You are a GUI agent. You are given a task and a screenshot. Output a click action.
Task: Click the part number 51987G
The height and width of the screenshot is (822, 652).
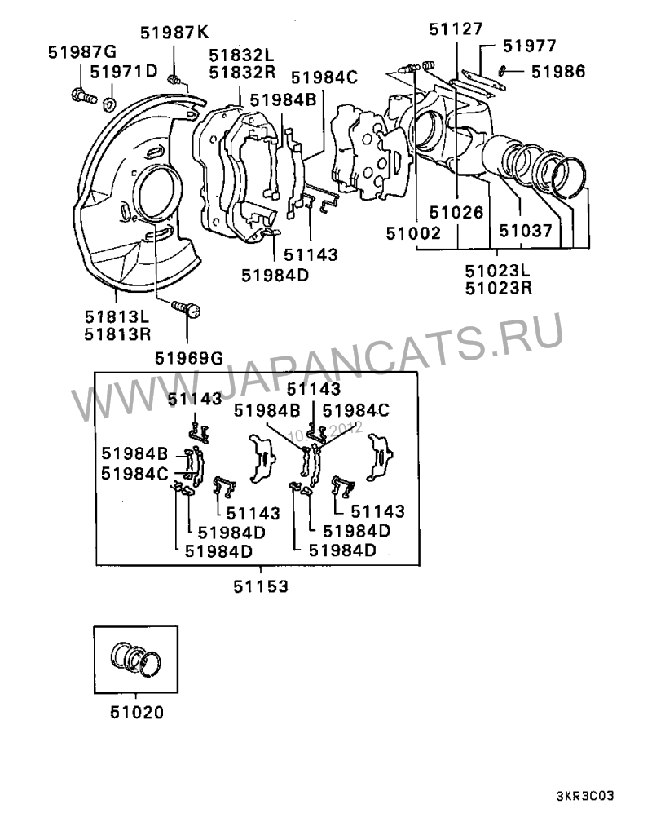point(82,52)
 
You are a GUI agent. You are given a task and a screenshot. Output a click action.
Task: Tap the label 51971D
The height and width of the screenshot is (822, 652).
point(124,71)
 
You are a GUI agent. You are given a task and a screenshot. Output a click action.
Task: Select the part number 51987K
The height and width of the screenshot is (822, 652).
point(174,33)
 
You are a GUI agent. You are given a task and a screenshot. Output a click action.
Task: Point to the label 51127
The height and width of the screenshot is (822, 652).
point(456,29)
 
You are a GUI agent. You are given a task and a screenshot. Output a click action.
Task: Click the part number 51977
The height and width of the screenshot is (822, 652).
point(530,46)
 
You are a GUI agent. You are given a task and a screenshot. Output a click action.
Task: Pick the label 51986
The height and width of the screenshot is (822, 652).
point(558,71)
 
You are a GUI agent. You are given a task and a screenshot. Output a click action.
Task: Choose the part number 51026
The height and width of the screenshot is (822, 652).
point(456,212)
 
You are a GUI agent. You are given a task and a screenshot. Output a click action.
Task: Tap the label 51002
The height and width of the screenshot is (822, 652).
point(413,232)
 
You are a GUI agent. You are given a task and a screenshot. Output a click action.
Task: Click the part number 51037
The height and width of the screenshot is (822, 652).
point(525,231)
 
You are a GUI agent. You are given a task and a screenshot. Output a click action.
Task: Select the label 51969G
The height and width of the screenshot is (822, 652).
point(189,359)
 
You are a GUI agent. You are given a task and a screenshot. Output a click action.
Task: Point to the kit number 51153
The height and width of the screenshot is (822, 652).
point(261,586)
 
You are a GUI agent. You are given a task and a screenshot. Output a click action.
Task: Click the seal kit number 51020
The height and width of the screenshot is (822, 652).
point(137,713)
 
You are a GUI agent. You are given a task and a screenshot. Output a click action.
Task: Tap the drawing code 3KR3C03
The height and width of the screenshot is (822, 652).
point(584,796)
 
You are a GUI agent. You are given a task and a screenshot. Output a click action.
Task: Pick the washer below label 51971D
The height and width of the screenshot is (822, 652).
point(110,102)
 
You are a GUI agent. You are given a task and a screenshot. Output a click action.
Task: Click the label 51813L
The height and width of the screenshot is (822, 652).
point(117,316)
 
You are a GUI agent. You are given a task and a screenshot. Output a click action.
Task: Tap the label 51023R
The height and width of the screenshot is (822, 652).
point(499,288)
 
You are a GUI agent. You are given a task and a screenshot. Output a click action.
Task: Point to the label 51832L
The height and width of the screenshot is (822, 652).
point(242,55)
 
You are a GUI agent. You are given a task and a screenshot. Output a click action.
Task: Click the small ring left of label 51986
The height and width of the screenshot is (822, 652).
point(501,70)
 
